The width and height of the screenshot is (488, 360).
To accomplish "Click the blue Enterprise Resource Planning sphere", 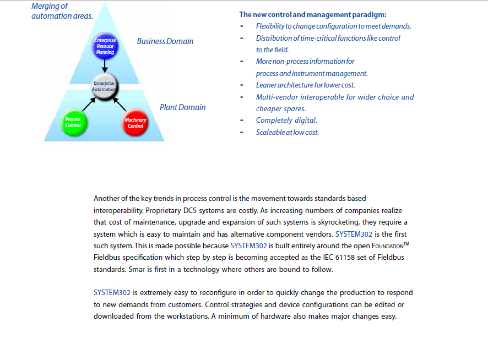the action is [105, 46].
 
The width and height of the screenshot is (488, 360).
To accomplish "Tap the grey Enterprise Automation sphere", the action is [104, 86].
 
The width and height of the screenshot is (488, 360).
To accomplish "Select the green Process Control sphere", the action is [74, 123].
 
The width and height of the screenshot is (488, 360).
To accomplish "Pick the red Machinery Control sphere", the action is [135, 123].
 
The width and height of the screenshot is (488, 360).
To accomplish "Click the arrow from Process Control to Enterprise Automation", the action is [89, 104].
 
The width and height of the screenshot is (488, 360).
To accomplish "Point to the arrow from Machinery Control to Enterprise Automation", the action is [120, 104].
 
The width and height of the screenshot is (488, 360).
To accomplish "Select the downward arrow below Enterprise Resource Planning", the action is [105, 66].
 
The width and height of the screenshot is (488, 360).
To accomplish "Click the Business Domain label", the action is [165, 41].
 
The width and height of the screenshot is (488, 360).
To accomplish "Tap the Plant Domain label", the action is [183, 107].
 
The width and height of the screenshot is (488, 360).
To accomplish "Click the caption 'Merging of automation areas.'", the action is [62, 11].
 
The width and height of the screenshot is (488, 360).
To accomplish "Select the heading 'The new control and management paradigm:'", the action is [313, 15].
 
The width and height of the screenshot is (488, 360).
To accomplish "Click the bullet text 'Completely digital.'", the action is [286, 121].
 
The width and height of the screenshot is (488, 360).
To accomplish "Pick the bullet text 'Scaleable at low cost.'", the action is [288, 132].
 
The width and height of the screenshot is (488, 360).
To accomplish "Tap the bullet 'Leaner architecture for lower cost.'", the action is [305, 85].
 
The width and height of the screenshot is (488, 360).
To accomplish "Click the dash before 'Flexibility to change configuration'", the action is [241, 26].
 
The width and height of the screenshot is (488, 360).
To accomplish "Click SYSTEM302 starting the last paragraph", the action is [112, 293].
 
